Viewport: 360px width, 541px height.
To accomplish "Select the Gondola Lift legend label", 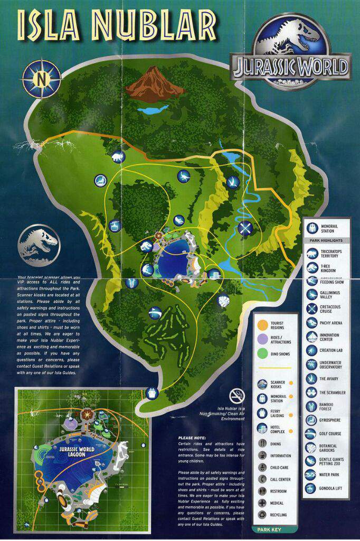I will pyautogui.click(x=331, y=488).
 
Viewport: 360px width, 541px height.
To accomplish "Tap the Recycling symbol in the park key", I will pyautogui.click(x=262, y=515).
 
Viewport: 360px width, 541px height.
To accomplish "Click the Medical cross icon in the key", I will pyautogui.click(x=262, y=502).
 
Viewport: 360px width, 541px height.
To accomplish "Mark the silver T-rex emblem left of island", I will pyautogui.click(x=38, y=243).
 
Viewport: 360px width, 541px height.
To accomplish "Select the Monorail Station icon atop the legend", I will pyautogui.click(x=312, y=228).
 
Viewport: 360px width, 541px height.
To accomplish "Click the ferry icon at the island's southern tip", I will pyautogui.click(x=153, y=393).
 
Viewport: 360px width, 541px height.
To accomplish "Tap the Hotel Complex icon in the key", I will pyautogui.click(x=262, y=428).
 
